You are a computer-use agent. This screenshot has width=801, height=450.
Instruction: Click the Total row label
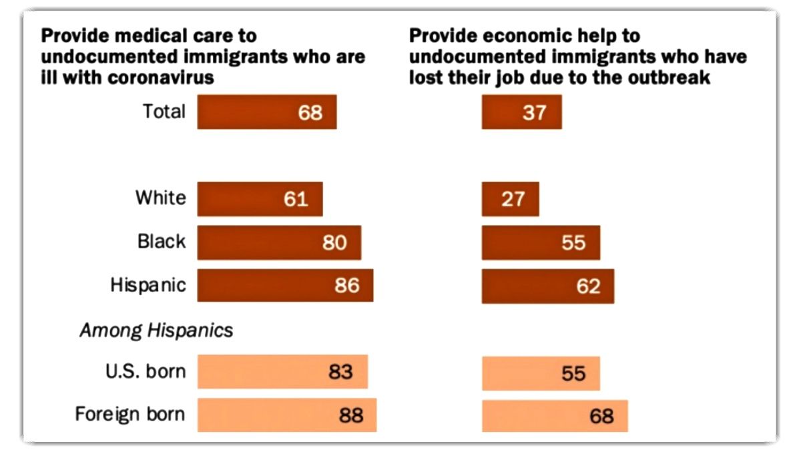[164, 111]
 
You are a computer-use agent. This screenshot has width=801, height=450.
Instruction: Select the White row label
[161, 198]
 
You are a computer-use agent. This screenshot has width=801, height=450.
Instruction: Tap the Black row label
[162, 242]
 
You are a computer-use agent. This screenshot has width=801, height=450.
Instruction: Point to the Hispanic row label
[148, 285]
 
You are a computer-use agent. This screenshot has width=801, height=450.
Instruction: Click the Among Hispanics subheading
[156, 330]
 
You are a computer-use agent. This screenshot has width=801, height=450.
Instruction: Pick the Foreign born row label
[129, 415]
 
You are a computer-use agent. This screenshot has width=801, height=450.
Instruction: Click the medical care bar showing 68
[266, 111]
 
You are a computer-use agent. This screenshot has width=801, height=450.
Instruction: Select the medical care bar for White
[260, 199]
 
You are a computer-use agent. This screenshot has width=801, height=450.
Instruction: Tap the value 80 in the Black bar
[334, 242]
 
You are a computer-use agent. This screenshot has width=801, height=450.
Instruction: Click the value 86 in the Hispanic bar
[346, 286]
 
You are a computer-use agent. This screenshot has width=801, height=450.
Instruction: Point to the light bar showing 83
[282, 372]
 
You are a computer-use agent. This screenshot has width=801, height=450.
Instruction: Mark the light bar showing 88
[286, 415]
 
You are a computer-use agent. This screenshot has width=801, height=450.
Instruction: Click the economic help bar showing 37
[521, 111]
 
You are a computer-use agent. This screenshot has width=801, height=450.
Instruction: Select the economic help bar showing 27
[510, 199]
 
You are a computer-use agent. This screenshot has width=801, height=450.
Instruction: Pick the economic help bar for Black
[541, 242]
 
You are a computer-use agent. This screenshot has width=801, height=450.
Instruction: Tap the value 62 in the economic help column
[587, 286]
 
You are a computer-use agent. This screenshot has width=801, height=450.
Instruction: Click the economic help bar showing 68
[554, 415]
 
